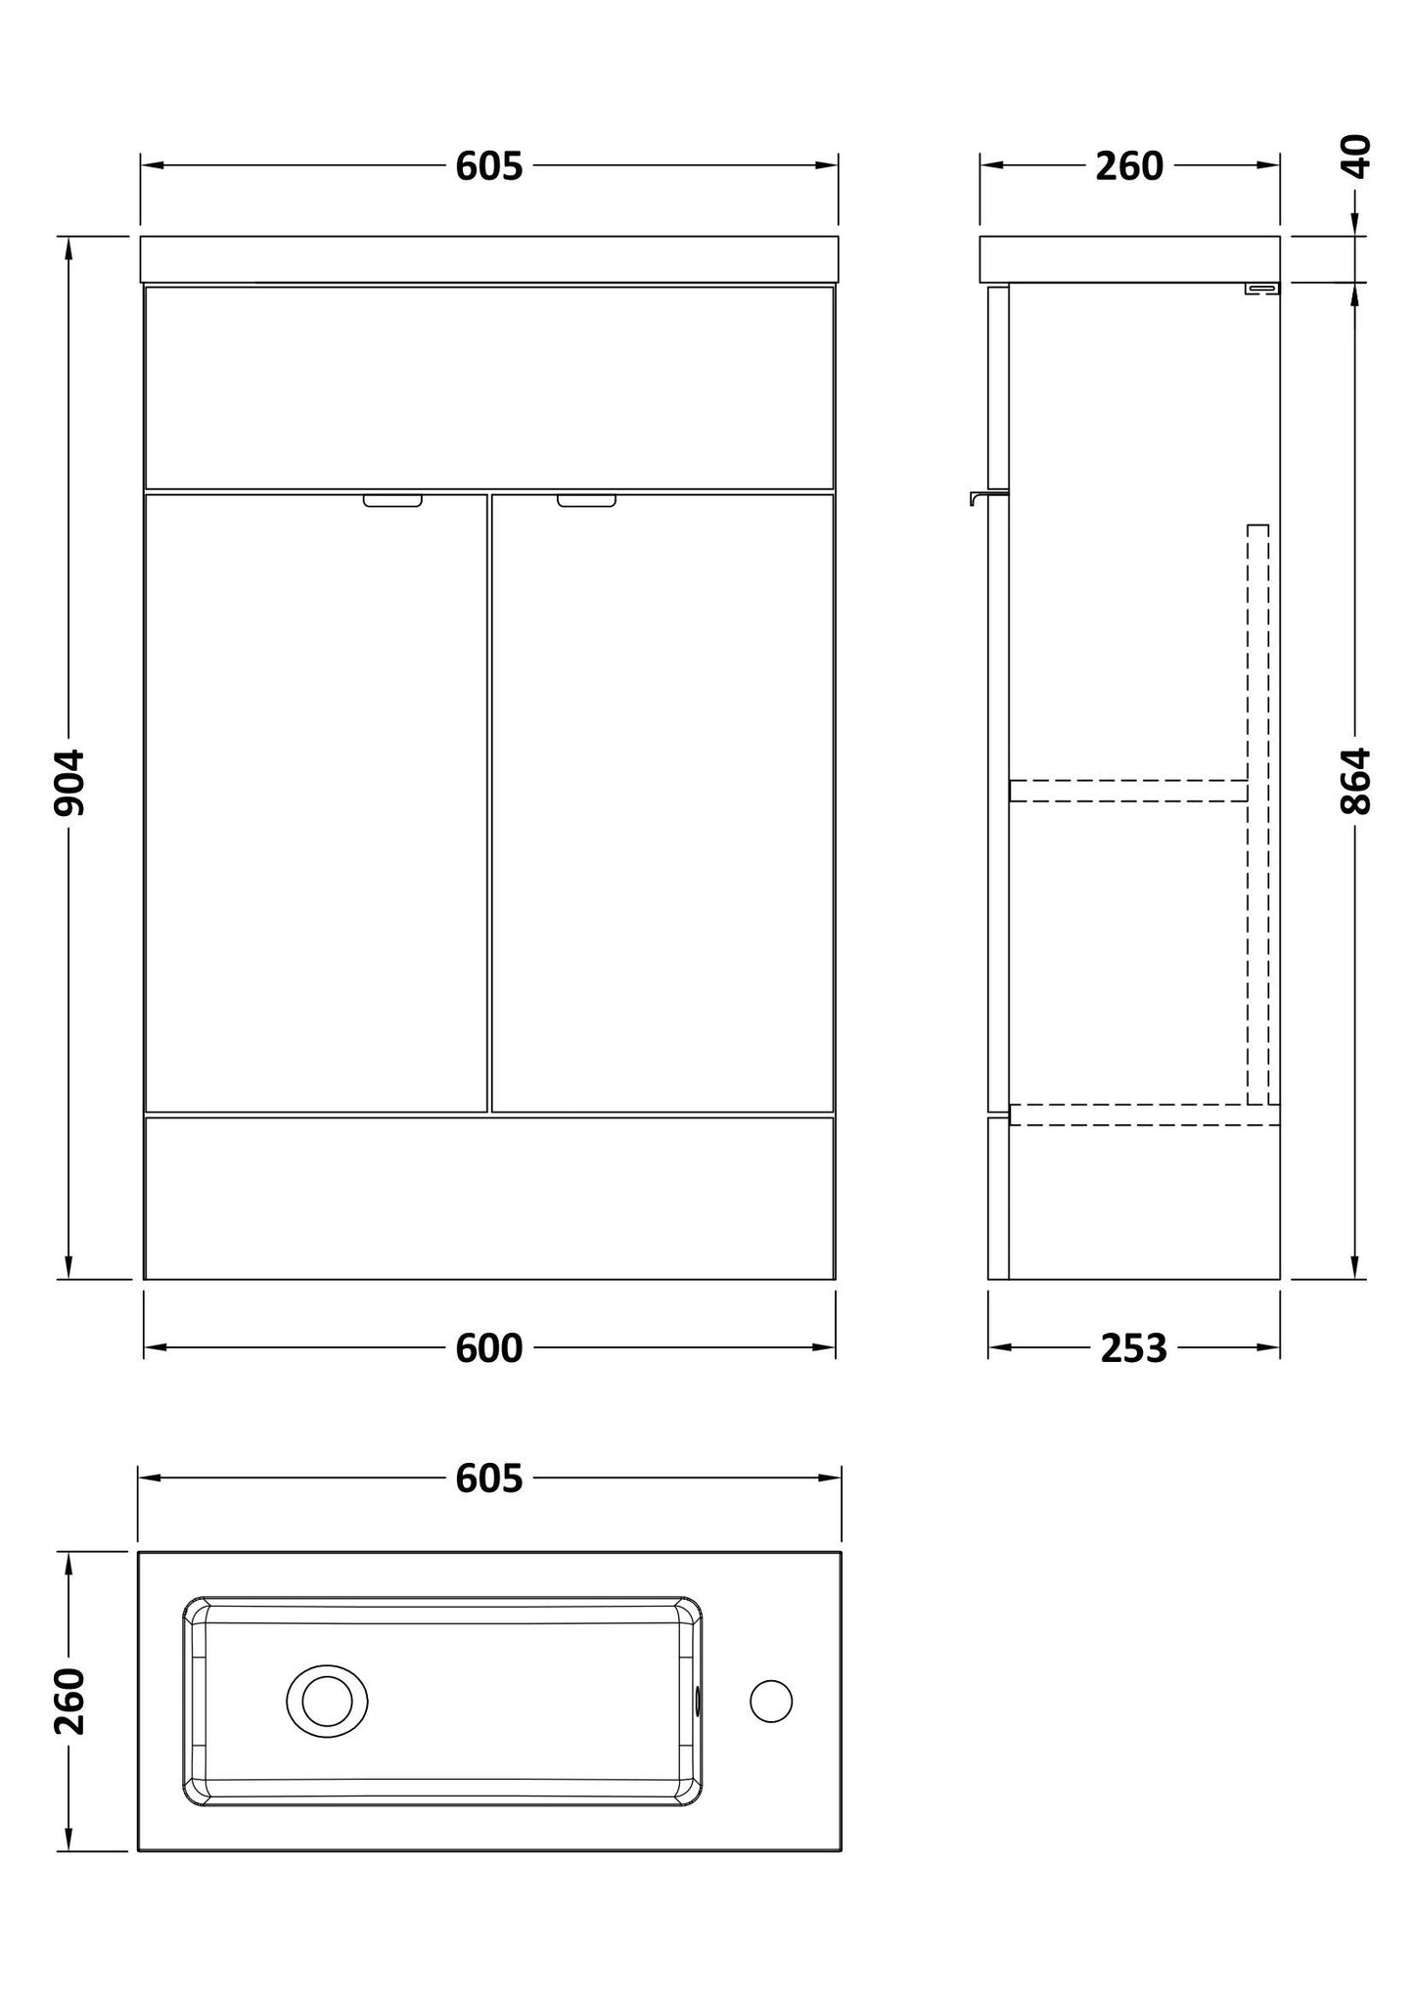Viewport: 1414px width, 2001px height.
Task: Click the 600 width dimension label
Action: coord(489,1348)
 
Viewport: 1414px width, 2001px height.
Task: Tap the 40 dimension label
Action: coord(1356,157)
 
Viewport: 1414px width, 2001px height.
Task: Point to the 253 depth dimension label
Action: coord(1133,1348)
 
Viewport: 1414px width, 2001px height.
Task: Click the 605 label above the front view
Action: coord(489,167)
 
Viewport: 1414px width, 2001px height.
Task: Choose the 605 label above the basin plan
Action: coord(489,1478)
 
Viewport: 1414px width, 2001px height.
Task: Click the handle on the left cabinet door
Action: coord(392,501)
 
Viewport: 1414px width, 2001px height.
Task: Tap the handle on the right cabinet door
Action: coord(587,501)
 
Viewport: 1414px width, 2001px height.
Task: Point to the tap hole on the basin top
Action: coord(771,1702)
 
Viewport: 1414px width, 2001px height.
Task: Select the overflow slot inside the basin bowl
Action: coord(697,1702)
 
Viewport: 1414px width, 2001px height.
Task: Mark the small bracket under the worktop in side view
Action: coord(1261,288)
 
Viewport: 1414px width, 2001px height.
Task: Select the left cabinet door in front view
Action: coord(315,802)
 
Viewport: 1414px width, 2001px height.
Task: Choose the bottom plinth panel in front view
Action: coord(489,1198)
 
